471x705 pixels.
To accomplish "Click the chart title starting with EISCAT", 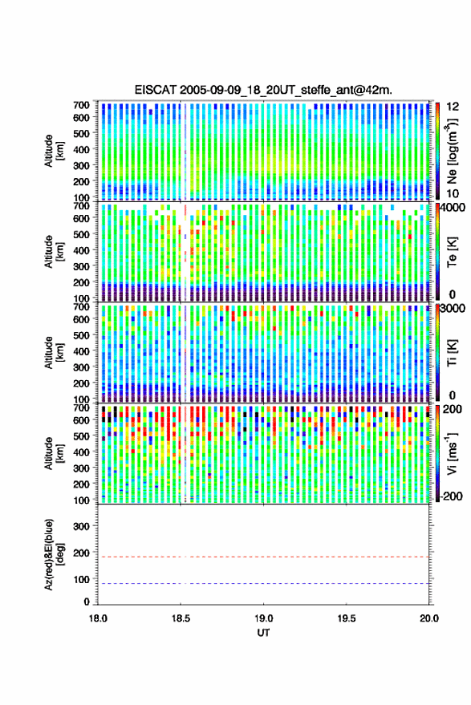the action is coord(263,90).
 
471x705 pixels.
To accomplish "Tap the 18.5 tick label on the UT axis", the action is coord(181,618).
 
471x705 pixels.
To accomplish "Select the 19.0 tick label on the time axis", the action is coord(263,618).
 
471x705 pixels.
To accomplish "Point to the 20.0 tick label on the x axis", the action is coord(429,618).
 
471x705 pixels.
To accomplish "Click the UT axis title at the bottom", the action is coord(263,633).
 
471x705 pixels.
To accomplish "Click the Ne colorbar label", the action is coord(452,151).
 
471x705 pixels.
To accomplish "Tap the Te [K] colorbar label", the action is coord(452,253).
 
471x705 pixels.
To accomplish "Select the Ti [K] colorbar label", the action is coord(452,354).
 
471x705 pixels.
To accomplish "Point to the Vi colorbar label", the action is coord(452,453).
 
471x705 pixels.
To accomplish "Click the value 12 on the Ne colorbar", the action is coord(453,107).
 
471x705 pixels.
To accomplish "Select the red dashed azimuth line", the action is coord(263,557).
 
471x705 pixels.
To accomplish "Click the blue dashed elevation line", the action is coord(263,584).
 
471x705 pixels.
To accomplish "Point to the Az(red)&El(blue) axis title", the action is coord(54,555).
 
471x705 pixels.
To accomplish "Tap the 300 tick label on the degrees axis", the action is coord(81,526).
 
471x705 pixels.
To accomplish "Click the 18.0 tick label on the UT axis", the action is coord(98,618).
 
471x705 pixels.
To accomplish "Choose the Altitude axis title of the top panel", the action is coord(53,151).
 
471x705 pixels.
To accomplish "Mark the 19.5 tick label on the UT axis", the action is coord(347,618).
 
